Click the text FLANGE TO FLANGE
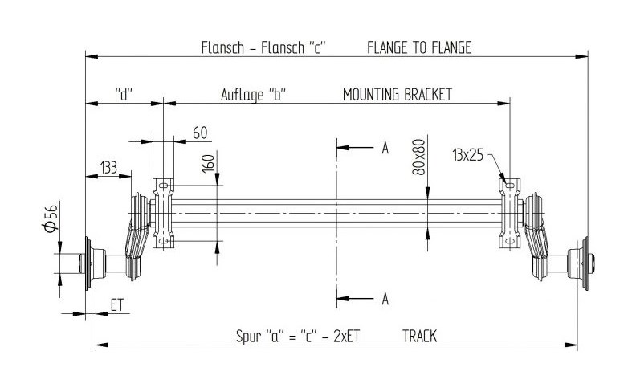tap(419, 47)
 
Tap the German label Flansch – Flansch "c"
tap(263, 47)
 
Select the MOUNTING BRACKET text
tap(397, 95)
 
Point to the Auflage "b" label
tap(253, 95)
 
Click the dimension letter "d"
tap(124, 95)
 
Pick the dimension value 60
tap(200, 133)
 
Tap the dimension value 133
tap(108, 167)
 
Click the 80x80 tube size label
tap(418, 157)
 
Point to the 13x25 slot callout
tap(467, 154)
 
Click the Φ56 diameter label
tap(51, 218)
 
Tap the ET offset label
tap(116, 304)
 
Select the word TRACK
tap(419, 336)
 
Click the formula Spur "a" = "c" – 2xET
tap(298, 336)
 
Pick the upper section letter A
tap(385, 148)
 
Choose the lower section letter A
tap(385, 299)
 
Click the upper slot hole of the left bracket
tap(164, 186)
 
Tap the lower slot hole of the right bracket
tap(509, 242)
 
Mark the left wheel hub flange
tap(88, 263)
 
